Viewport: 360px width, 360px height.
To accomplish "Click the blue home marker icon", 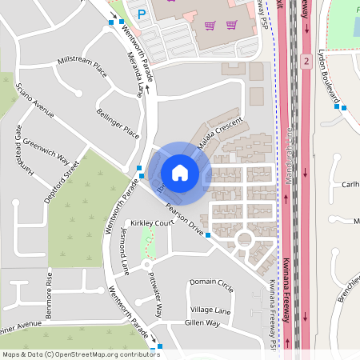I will coord(180,172).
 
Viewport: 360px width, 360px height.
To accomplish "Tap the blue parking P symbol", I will coord(141,14).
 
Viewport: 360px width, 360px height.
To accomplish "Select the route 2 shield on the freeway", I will coord(306,61).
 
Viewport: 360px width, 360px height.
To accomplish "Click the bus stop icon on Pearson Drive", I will coord(208,235).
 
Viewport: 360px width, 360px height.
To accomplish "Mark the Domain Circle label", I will coord(211,283).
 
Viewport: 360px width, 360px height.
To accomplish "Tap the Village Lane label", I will coord(210,310).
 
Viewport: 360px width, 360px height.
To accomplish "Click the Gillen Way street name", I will coord(201,322).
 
